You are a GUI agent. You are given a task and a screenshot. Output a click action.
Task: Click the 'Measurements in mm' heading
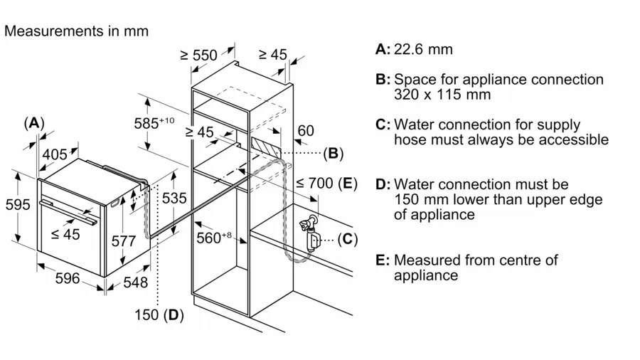tap(76, 31)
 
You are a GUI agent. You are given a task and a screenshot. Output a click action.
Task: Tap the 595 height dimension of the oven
tap(18, 205)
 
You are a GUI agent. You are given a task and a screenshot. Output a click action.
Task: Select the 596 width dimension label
tap(68, 279)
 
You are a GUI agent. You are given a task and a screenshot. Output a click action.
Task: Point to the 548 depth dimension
tap(135, 282)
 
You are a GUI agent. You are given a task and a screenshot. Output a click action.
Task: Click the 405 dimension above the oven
tap(54, 154)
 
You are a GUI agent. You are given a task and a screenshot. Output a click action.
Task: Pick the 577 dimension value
tap(124, 241)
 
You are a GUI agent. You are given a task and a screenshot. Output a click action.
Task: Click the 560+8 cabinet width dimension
tap(214, 238)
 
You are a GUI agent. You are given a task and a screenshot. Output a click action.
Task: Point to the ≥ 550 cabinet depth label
tap(198, 55)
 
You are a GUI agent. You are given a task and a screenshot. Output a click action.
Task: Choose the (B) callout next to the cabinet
tap(332, 152)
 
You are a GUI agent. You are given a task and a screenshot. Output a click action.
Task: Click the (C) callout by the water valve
tap(347, 239)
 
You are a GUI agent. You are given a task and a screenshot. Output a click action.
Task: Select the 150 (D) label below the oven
tap(157, 314)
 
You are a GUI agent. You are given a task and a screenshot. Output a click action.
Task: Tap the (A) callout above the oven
tap(34, 122)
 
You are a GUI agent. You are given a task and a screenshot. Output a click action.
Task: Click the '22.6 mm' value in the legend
tap(424, 49)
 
